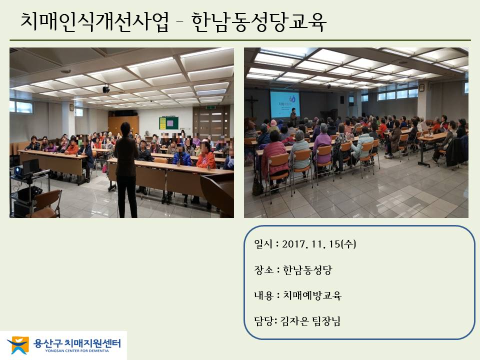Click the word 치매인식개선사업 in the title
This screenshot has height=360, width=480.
(x=94, y=21)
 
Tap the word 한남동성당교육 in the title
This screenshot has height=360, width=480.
(x=259, y=21)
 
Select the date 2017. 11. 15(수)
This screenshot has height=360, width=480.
(x=318, y=244)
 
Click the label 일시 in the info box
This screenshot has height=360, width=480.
(x=263, y=244)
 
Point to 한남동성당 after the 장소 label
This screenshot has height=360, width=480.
(x=307, y=270)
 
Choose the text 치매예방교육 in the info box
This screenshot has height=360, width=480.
(x=312, y=295)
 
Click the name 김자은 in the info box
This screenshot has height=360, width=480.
(x=294, y=321)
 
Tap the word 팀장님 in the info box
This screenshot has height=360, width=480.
(x=326, y=321)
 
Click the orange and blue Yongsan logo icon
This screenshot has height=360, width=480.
(x=18, y=345)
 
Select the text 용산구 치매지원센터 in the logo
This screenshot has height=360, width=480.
(x=77, y=343)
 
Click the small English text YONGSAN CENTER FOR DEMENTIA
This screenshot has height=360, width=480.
(x=77, y=351)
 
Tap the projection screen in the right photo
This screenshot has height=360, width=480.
(x=284, y=104)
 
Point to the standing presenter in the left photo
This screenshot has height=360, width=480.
(x=126, y=170)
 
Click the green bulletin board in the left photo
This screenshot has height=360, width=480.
(x=168, y=123)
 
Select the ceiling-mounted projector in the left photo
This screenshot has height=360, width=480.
(x=106, y=89)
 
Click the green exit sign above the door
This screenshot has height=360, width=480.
(x=210, y=107)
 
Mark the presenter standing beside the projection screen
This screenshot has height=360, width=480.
(x=293, y=117)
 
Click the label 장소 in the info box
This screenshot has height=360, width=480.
(x=263, y=270)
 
